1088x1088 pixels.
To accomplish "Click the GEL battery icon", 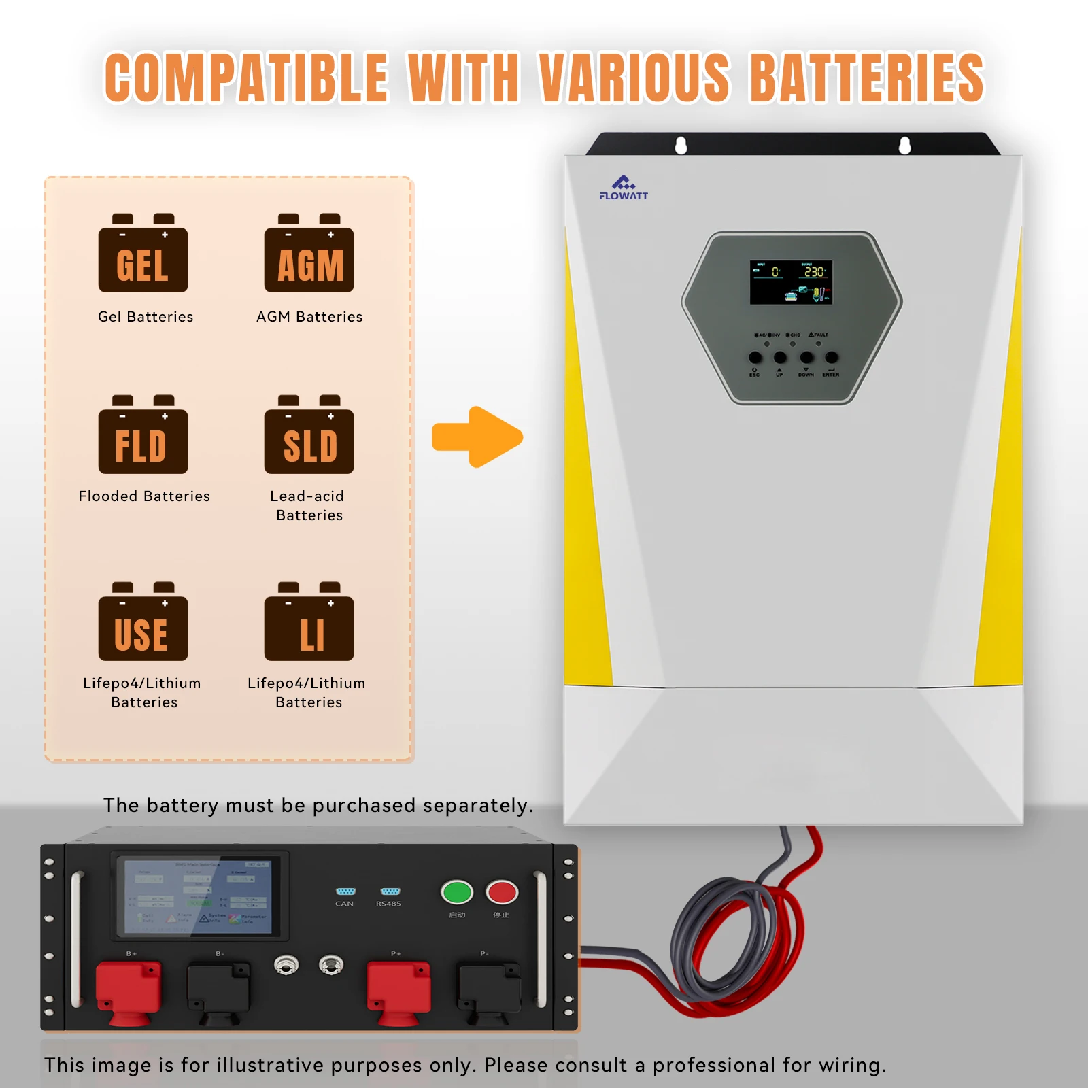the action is (143, 254).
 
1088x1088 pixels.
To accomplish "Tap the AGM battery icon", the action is (309, 254).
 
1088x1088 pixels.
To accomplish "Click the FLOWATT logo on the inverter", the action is (624, 188).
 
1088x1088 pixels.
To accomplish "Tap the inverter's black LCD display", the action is (791, 282).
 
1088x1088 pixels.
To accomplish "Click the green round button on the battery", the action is (457, 892).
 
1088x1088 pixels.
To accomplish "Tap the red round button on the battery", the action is (502, 892).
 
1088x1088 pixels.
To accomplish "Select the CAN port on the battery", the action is (345, 891).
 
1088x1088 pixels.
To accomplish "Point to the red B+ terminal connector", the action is (129, 990).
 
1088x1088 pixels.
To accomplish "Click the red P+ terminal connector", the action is (399, 990).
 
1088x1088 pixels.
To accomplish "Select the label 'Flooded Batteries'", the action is (144, 496).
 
